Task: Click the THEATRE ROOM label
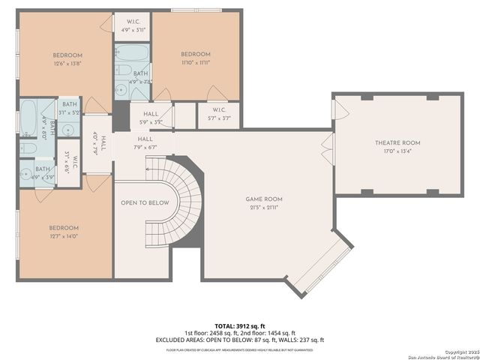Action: [x=397, y=142]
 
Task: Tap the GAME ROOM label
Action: [x=264, y=199]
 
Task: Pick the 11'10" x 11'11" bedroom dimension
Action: [x=195, y=64]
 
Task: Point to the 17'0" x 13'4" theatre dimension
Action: [x=397, y=152]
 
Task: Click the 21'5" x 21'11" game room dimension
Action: [x=264, y=209]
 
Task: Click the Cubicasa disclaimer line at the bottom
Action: [x=239, y=349]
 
